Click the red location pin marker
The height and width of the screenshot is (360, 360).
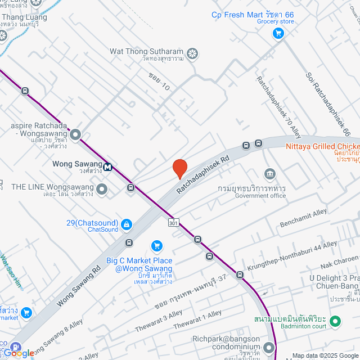[x=179, y=169]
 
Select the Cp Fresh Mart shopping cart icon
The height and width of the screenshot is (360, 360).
[x=277, y=34]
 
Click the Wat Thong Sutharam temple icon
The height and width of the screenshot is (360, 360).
[x=192, y=53]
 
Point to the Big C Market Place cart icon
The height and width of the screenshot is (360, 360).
[x=157, y=246]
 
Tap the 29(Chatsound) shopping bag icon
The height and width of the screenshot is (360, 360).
[x=127, y=225]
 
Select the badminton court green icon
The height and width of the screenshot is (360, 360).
[x=335, y=322]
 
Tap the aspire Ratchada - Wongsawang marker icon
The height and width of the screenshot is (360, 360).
[x=75, y=134]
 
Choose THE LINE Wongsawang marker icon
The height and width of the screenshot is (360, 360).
[x=102, y=189]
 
